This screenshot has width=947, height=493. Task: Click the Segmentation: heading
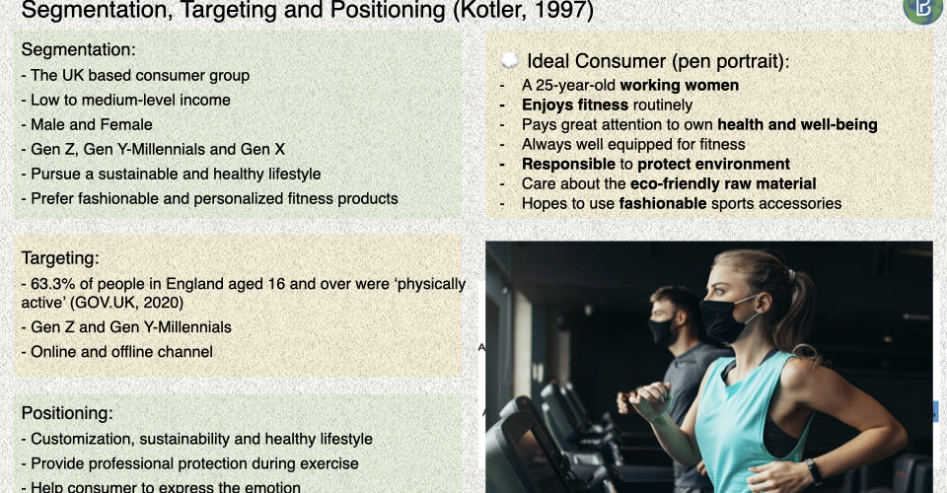(x=79, y=49)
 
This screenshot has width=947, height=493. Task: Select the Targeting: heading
(x=60, y=258)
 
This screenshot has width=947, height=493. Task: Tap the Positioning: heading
(x=67, y=413)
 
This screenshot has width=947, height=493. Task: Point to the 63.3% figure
(x=50, y=284)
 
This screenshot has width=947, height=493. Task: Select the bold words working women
(x=680, y=85)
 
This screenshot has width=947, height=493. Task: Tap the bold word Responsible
(x=568, y=164)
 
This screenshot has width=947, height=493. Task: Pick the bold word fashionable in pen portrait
(x=663, y=203)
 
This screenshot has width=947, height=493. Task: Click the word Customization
(x=82, y=439)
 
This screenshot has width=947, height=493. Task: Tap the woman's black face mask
(x=725, y=317)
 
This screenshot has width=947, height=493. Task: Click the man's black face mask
(x=662, y=331)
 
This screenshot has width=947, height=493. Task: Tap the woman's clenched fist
(x=649, y=399)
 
